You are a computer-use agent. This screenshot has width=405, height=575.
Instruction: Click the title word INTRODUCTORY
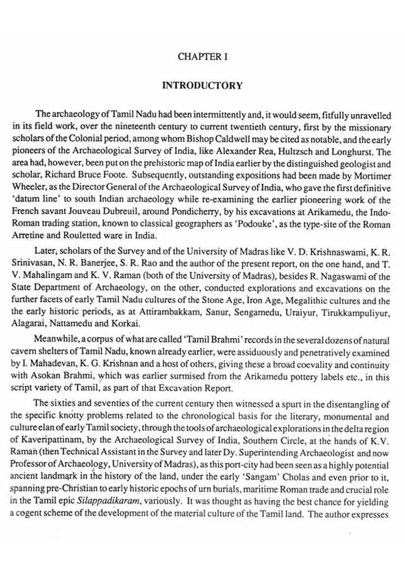(203, 86)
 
